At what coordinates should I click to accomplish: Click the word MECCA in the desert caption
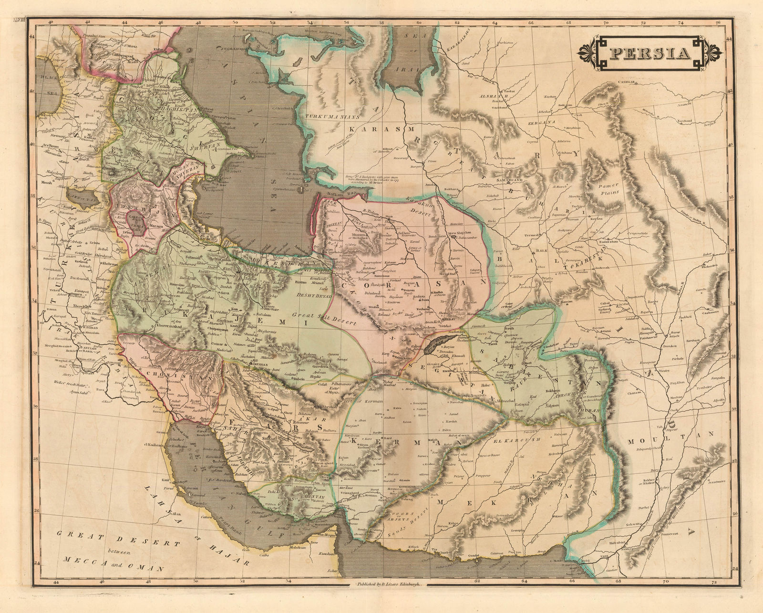pos(82,561)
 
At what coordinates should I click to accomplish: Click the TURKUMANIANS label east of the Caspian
pos(328,114)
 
